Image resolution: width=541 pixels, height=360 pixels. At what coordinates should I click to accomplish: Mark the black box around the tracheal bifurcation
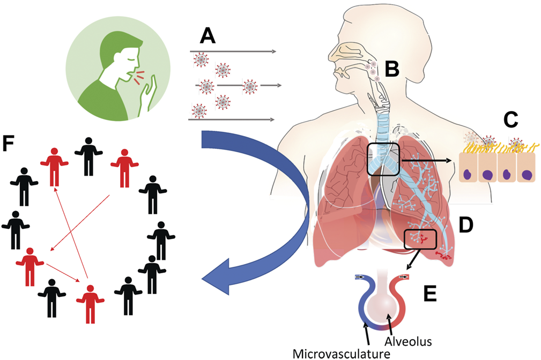(383, 159)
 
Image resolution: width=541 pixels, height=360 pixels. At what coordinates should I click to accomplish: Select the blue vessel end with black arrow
(359, 277)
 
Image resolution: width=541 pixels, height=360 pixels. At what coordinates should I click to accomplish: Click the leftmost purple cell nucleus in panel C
(470, 175)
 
